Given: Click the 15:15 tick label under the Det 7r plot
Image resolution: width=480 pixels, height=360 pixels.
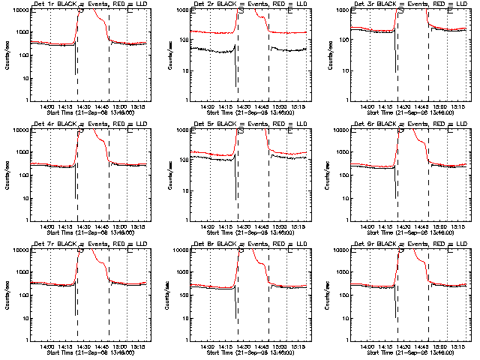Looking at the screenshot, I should (x=136, y=344).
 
